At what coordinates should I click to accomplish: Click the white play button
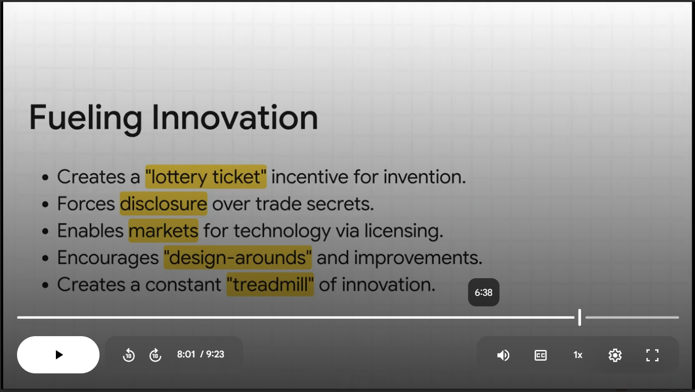pos(59,354)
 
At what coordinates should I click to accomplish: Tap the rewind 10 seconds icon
pos(129,355)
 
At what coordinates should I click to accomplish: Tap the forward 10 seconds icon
pos(155,355)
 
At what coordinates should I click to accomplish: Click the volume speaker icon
pos(503,355)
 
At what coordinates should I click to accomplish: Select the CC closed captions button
pos(541,355)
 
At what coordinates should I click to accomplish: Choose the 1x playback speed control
pos(578,355)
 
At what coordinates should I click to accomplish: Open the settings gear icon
pos(615,355)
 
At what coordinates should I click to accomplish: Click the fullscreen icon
pos(652,355)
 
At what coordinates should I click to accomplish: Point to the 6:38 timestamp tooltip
pos(484,292)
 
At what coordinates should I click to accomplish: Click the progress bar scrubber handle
pos(580,317)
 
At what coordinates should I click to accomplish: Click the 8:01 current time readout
pos(186,354)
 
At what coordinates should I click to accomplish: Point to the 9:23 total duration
pos(215,354)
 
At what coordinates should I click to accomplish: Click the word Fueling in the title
pos(86,119)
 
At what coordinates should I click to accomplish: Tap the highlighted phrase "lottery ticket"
pos(206,177)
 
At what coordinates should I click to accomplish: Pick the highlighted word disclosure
pos(163,204)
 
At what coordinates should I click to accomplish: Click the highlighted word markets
pos(163,231)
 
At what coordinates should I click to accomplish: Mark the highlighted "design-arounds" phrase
pos(238,258)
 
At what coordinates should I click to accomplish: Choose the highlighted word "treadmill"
pos(270,285)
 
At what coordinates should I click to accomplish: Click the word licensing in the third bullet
pos(404,231)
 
